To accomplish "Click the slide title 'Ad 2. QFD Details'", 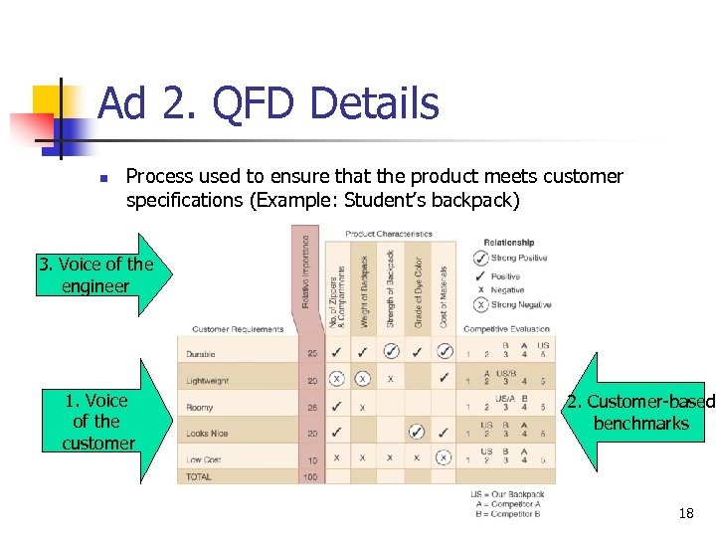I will click(268, 103).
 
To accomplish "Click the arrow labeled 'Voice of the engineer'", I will click(95, 274).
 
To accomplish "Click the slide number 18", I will click(685, 514).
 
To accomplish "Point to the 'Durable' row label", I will click(201, 353).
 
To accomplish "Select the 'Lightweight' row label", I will click(207, 380).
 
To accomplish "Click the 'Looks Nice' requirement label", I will click(206, 433).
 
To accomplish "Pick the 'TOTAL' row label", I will click(199, 477).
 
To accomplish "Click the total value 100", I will click(310, 477).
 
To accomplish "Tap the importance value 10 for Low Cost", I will click(311, 458).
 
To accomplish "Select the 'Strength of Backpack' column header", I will click(390, 288).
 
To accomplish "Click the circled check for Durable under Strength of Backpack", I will click(391, 352).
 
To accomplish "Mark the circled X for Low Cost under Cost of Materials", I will click(444, 457).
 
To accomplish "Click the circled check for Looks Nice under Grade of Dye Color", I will click(417, 432).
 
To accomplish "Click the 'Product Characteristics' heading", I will click(388, 234).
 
